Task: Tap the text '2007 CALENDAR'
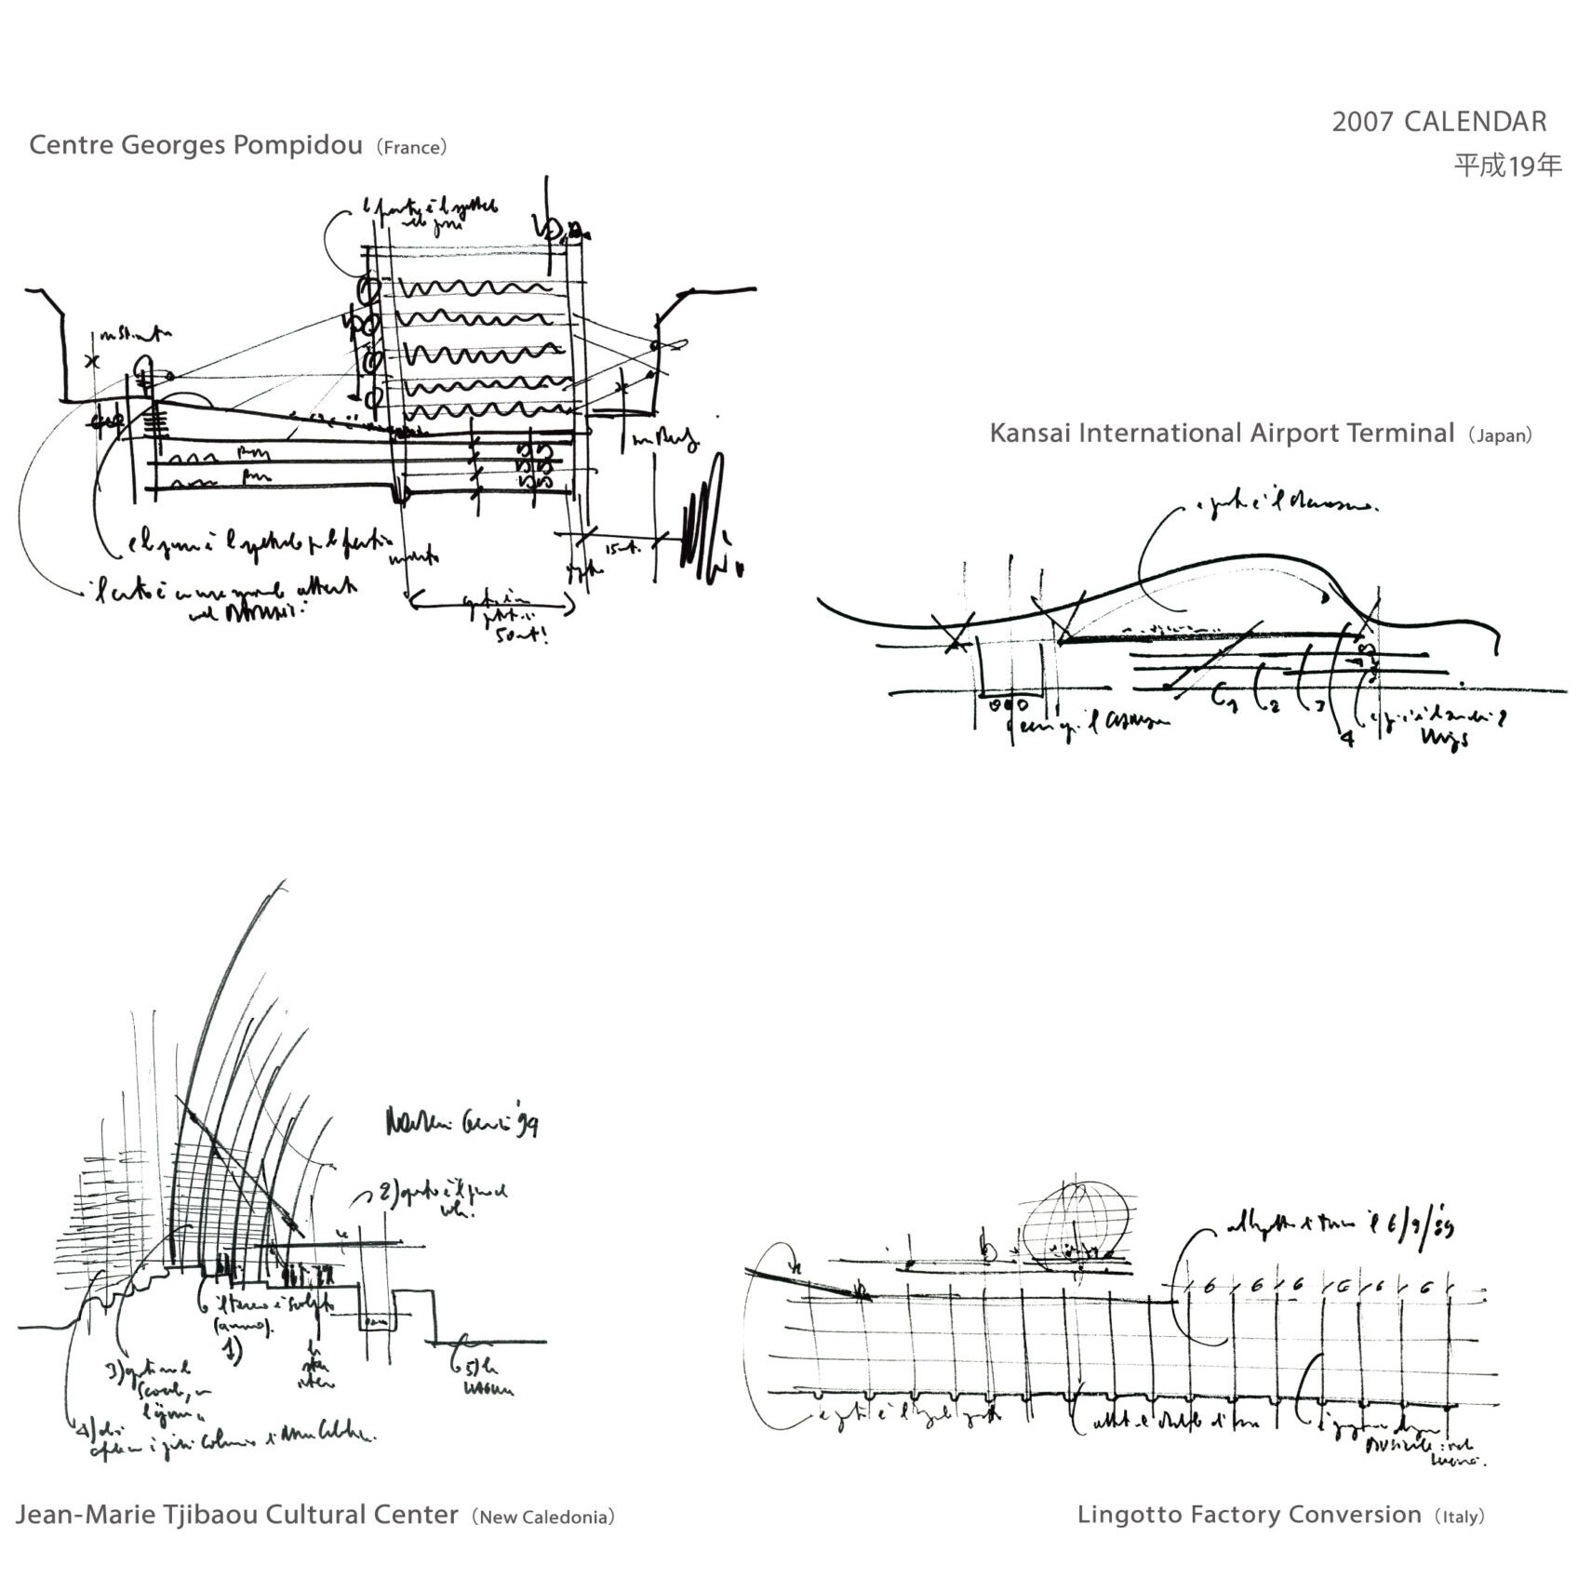(x=1439, y=122)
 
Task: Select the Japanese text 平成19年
(x=1508, y=166)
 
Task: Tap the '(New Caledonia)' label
(x=543, y=1517)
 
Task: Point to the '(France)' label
(x=412, y=148)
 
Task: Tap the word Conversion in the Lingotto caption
(x=1363, y=1515)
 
